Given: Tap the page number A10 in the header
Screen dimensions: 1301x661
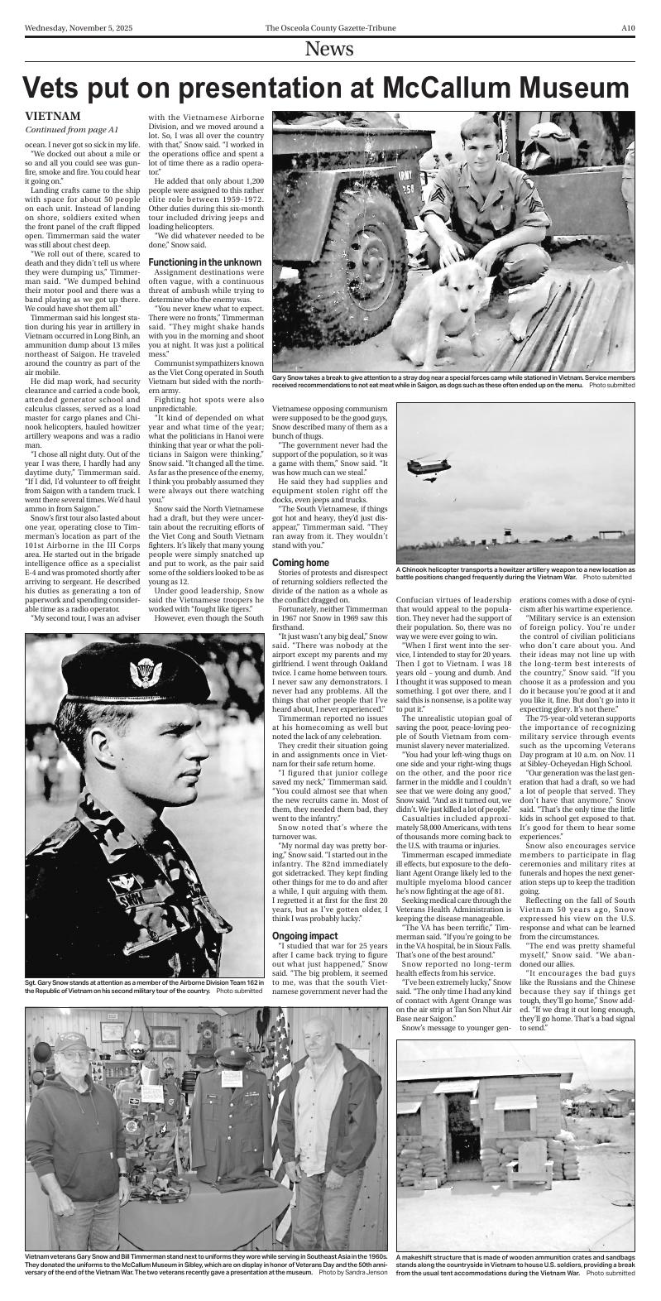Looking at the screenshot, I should pyautogui.click(x=627, y=26).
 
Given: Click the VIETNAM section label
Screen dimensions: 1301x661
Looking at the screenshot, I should pyautogui.click(x=52, y=117).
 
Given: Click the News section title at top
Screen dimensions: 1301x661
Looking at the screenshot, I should pyautogui.click(x=329, y=50).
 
